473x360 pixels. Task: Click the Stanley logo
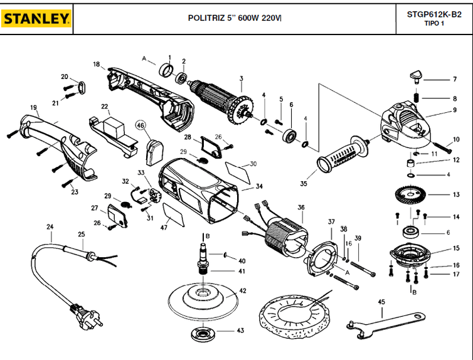tap(36, 19)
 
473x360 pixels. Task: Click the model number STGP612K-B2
tap(433, 14)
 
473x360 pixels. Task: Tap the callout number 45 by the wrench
tap(381, 302)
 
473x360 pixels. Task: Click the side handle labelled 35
tap(342, 156)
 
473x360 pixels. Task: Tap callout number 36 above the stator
tap(301, 208)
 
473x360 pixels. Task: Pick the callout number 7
tap(455, 80)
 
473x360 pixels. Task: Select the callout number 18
tap(97, 64)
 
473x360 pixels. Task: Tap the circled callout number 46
tap(140, 125)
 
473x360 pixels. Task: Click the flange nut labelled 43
tap(202, 332)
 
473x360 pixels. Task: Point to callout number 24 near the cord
tap(50, 226)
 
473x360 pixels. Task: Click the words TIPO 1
tap(433, 24)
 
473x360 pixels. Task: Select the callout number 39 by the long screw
tap(358, 238)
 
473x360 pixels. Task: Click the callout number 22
tap(105, 107)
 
